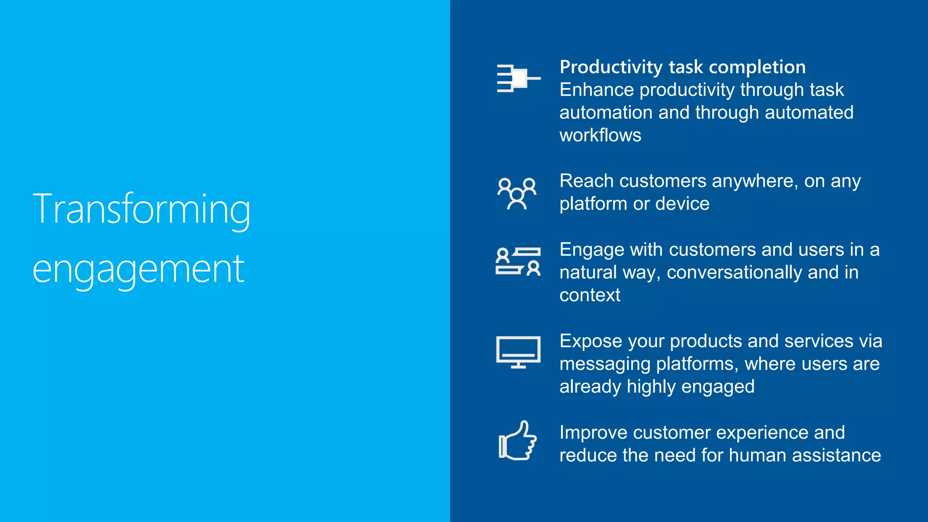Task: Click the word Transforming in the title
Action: (x=141, y=209)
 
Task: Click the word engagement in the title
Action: (x=138, y=270)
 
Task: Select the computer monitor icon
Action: (x=518, y=352)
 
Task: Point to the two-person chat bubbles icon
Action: (x=517, y=261)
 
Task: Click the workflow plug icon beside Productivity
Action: (x=517, y=78)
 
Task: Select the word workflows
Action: (x=600, y=135)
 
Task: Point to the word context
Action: (x=590, y=295)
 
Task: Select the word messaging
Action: (x=605, y=364)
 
